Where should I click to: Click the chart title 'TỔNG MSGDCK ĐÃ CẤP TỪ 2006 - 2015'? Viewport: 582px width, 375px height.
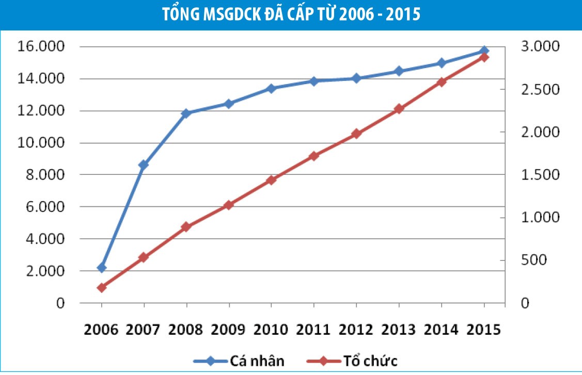point(291,14)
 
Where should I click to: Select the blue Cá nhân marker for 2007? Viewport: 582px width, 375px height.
point(144,165)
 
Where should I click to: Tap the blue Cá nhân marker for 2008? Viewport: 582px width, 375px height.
point(186,113)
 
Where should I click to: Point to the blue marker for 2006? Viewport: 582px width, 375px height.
point(101,268)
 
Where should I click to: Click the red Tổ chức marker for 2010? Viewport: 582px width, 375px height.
point(271,180)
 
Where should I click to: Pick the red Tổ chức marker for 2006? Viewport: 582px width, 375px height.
point(101,287)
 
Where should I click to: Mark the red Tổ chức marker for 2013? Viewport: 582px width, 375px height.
point(399,109)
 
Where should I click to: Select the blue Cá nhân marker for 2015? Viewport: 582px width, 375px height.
point(484,51)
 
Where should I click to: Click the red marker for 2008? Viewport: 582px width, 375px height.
point(186,227)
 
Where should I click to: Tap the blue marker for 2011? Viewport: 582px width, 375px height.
point(313,81)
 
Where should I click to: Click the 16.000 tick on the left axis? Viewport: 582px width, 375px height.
point(42,47)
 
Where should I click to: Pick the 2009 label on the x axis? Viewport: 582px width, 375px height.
point(229,329)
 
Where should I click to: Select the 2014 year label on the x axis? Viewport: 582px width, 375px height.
point(441,329)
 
